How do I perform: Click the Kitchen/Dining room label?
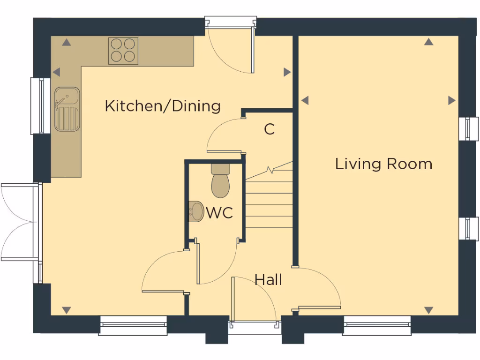tap(162, 106)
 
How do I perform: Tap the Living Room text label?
tap(383, 164)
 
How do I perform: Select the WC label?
tap(219, 213)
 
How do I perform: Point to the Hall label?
tap(268, 280)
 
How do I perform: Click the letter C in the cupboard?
tap(269, 129)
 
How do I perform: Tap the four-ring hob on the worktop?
tap(123, 51)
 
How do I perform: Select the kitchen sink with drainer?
tap(67, 109)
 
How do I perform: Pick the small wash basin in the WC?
tap(196, 211)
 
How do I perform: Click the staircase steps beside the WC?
tap(270, 202)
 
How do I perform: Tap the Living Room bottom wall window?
tap(377, 325)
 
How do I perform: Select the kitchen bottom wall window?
tap(134, 325)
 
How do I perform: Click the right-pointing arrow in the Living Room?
tap(451, 100)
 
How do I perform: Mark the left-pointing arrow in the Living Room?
tap(305, 100)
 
